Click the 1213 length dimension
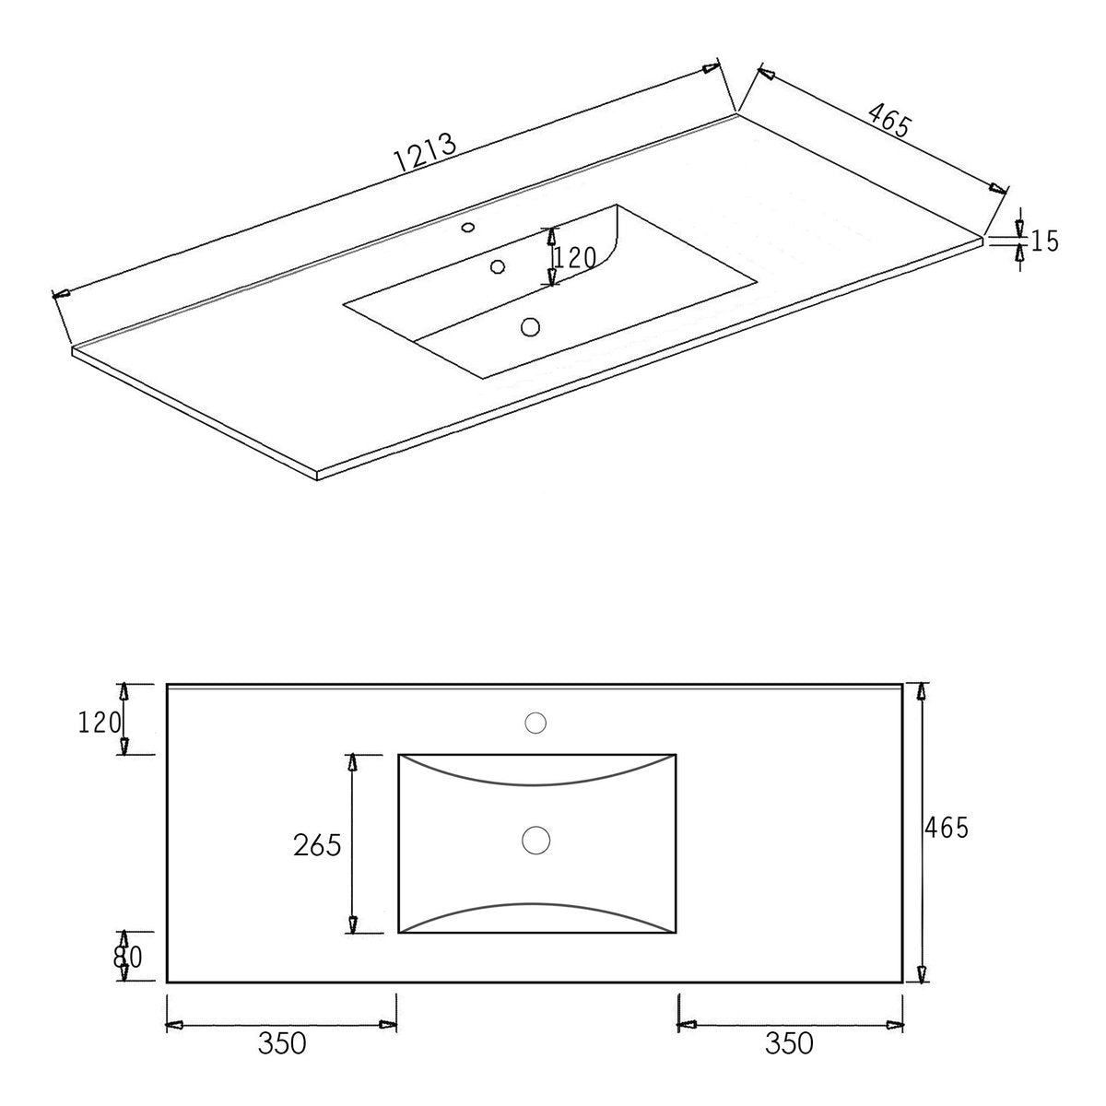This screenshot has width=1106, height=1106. coord(426,153)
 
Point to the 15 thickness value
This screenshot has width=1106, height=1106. coord(1044,241)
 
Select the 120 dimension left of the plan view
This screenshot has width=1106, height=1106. coord(100,723)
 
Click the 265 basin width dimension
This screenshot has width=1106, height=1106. coord(317,845)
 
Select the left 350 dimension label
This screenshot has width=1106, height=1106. coord(282,1042)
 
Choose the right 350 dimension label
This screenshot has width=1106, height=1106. coord(789,1042)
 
